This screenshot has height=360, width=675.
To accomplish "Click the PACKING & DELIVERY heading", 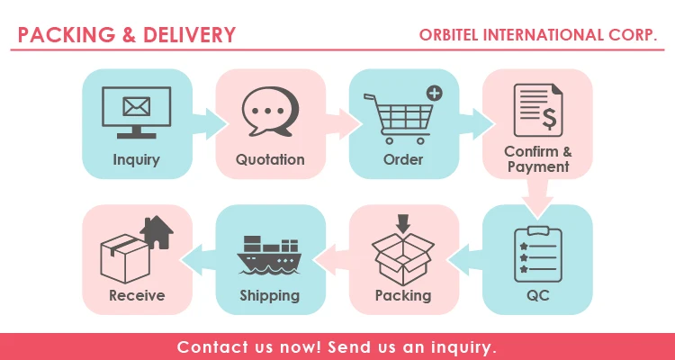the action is point(127,35).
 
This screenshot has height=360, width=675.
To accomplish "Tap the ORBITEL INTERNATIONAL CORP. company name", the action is point(538,35).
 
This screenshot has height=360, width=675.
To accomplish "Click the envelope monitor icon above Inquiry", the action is point(137,112).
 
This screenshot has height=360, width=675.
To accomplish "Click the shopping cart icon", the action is point(396,117).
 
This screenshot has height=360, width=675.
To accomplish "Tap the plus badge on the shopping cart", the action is point(434,93).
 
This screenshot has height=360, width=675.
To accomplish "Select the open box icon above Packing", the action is point(403,250).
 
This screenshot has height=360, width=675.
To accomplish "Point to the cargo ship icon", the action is point(269,255).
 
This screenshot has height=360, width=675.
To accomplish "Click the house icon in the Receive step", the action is point(156,233).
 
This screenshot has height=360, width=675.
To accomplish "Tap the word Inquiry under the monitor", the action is point(137,160).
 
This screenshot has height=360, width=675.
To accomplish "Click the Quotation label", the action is point(270,160).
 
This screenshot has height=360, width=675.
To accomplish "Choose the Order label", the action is point(403,160).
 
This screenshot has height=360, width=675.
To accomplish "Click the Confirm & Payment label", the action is point(537,159).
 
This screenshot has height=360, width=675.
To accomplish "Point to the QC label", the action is point(537,295).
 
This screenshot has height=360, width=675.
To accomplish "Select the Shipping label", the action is point(269,295).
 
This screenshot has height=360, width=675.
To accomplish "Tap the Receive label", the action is point(137,295).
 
